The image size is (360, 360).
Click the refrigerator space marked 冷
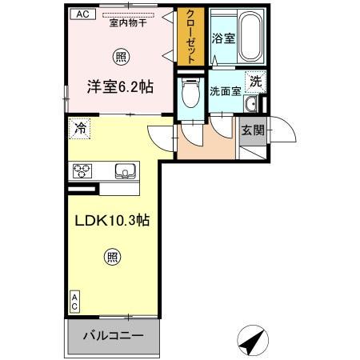pos(80,127)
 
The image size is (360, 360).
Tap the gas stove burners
pos(84,170)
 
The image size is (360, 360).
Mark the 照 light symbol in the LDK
pos(114,257)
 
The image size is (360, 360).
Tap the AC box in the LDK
pos(75,302)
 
